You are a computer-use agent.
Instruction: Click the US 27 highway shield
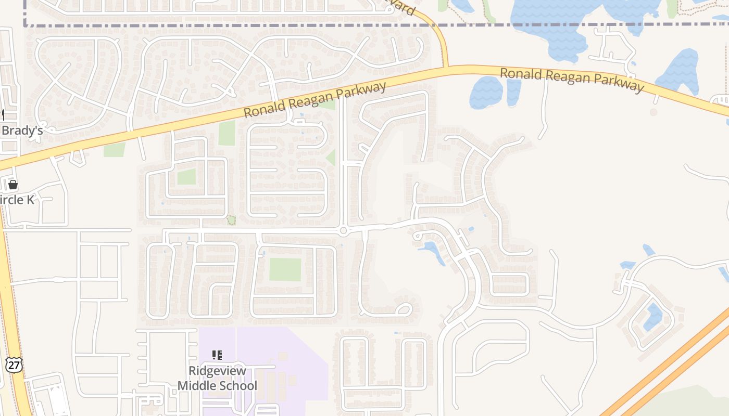coord(14,365)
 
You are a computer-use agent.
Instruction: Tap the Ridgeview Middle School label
coord(217,379)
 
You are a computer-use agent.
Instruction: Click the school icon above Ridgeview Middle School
coord(217,355)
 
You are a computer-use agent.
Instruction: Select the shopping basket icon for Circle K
coord(13,184)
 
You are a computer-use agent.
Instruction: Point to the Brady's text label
coord(22,131)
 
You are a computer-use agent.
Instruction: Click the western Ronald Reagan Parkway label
coord(315,99)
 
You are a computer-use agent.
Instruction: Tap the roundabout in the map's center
coord(343,230)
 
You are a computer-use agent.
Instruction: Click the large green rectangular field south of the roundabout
coord(285,269)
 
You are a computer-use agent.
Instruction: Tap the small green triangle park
coord(331,157)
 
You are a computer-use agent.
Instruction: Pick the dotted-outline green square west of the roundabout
coord(231,220)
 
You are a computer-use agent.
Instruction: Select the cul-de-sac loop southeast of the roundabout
coord(404,310)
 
